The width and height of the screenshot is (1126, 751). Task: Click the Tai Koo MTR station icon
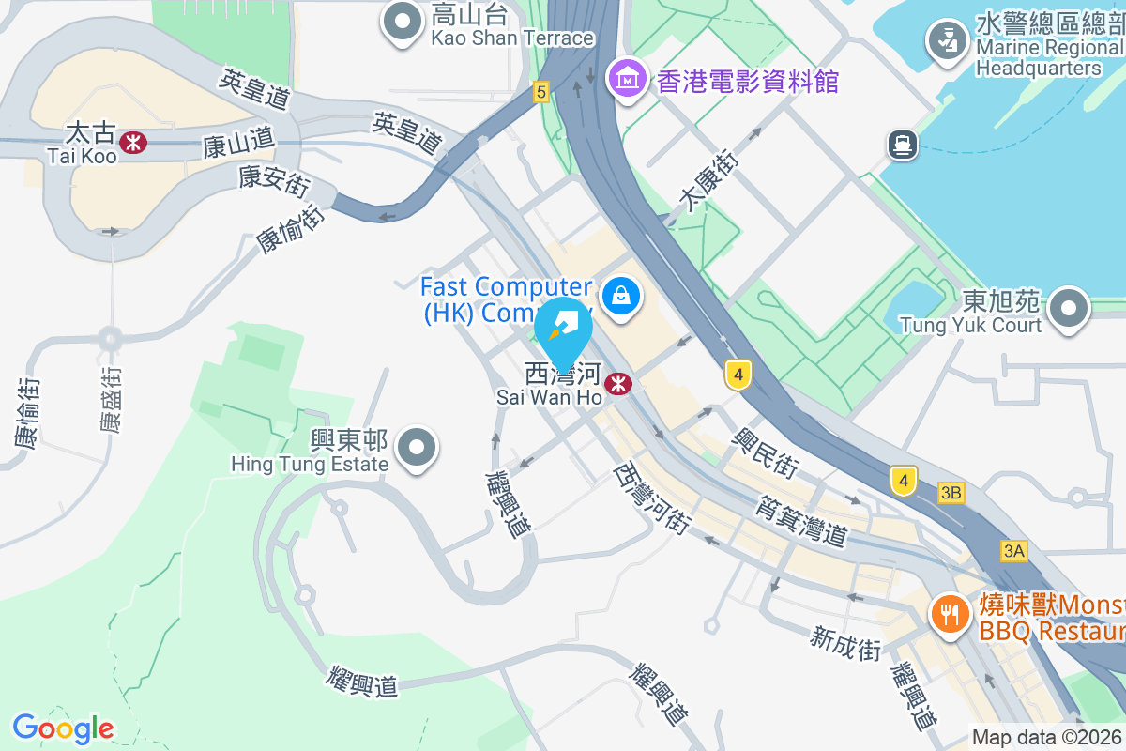[132, 141]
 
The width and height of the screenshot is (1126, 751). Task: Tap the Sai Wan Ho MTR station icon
[617, 383]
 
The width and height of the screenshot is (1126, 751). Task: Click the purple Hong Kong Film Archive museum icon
[626, 77]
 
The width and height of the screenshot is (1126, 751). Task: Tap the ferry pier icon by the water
[902, 144]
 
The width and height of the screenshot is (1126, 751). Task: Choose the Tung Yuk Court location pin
[1069, 309]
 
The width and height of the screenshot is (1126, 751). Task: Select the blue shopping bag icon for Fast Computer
[621, 297]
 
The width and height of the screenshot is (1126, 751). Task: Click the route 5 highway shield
[540, 92]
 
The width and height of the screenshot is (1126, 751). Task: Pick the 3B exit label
[951, 493]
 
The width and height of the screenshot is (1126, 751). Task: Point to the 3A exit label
[1013, 551]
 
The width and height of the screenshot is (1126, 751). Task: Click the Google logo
[63, 728]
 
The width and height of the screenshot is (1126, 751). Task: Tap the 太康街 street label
[708, 179]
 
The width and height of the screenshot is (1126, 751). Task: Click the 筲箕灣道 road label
[801, 521]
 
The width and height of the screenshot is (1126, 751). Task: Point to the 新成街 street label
[846, 644]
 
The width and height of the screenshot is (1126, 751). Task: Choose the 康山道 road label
[238, 144]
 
